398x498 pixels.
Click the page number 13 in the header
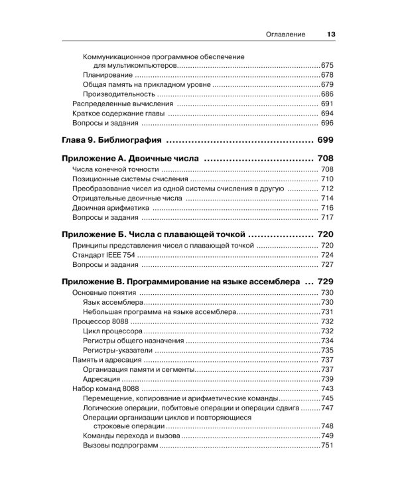tap(330, 35)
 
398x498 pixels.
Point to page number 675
tap(326, 66)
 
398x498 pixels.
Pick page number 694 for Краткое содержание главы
tap(326, 114)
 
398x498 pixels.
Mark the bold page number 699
tap(325, 141)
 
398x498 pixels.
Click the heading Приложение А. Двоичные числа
tap(131, 160)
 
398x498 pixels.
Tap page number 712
tap(326, 189)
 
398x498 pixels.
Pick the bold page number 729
tap(325, 282)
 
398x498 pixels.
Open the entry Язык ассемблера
tap(109, 302)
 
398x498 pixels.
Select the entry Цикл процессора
tap(111, 331)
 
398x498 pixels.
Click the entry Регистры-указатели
tap(118, 350)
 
